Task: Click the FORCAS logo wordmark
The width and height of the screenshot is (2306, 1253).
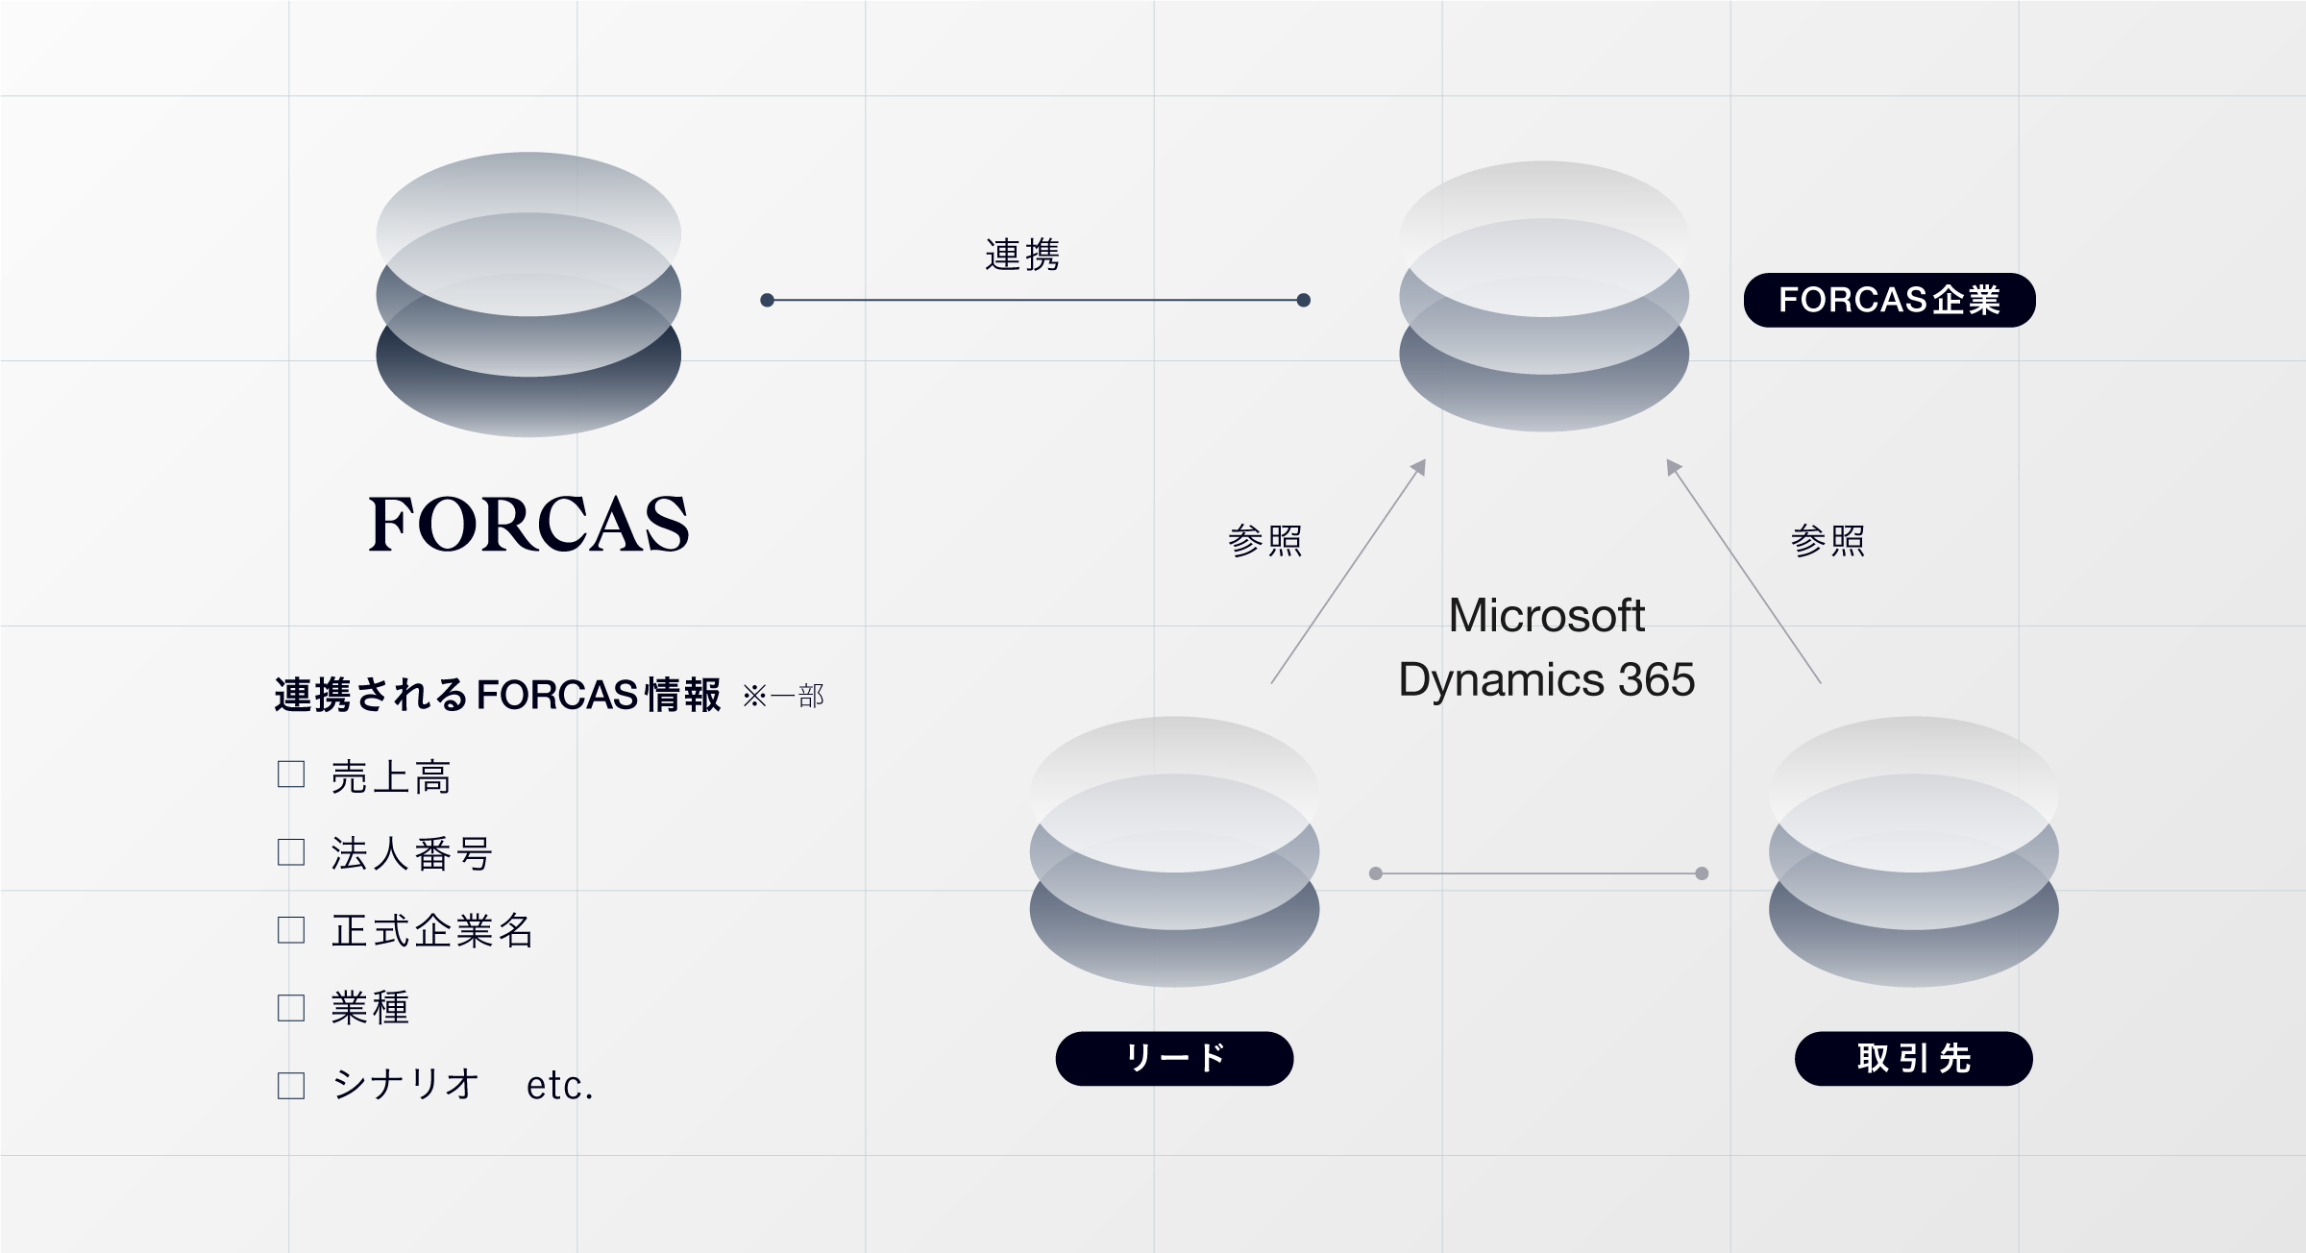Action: (x=528, y=524)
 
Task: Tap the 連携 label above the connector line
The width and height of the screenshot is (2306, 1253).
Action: (x=1022, y=256)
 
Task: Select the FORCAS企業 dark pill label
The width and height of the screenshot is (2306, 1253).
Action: (x=1889, y=300)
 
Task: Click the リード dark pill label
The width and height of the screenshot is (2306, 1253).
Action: (x=1174, y=1058)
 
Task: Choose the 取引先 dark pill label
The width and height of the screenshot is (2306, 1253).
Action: (x=1913, y=1058)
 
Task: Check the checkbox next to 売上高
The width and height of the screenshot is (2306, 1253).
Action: (x=291, y=774)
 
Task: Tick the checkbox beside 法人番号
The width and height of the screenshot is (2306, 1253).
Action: (x=291, y=852)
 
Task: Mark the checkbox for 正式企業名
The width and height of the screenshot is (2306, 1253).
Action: (x=291, y=930)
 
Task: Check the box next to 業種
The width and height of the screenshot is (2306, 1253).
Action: (x=291, y=1008)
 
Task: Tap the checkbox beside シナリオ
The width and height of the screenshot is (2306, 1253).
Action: (x=291, y=1086)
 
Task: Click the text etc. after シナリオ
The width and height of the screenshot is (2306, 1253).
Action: (x=560, y=1086)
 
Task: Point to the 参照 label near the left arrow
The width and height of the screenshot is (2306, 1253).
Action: (x=1265, y=541)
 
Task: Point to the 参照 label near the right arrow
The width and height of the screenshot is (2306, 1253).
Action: (x=1828, y=541)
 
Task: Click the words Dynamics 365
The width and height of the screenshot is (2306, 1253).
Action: (x=1546, y=679)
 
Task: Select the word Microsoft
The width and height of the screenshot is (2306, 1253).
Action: (x=1546, y=615)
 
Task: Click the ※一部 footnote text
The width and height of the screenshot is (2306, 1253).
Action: (x=783, y=696)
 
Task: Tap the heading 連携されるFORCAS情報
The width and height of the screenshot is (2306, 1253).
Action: (x=498, y=695)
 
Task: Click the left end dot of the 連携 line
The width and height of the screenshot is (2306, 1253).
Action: (x=767, y=301)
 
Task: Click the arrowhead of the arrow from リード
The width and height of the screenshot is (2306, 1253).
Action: (x=1418, y=467)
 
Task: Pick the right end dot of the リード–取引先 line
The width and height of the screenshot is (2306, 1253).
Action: (x=1702, y=873)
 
